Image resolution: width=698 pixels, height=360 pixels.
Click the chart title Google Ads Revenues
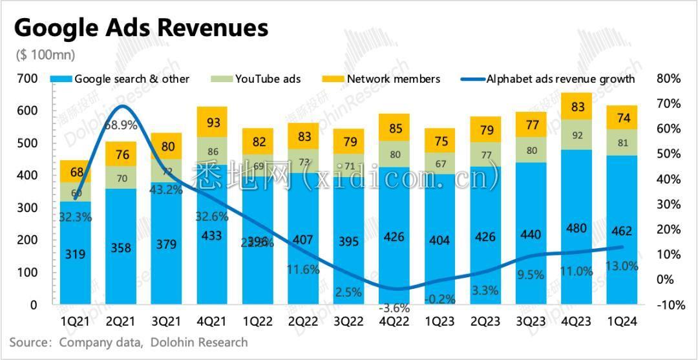click(x=141, y=28)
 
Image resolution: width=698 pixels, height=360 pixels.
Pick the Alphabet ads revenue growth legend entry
click(x=560, y=79)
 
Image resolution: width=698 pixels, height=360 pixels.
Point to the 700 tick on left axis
click(x=27, y=79)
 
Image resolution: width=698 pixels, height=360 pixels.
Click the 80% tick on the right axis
click(x=668, y=79)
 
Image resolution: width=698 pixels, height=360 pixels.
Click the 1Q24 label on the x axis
click(x=622, y=321)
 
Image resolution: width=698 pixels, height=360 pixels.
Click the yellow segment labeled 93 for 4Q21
click(x=212, y=122)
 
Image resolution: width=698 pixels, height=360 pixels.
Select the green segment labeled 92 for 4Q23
click(x=576, y=135)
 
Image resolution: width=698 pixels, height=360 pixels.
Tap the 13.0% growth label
click(x=622, y=265)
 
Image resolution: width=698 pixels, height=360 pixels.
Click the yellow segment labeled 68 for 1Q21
click(x=76, y=172)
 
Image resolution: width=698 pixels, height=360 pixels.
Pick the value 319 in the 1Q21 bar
click(x=76, y=255)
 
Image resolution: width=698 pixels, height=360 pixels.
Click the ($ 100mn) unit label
click(x=45, y=55)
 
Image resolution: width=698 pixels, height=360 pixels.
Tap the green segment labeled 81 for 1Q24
click(x=622, y=142)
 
